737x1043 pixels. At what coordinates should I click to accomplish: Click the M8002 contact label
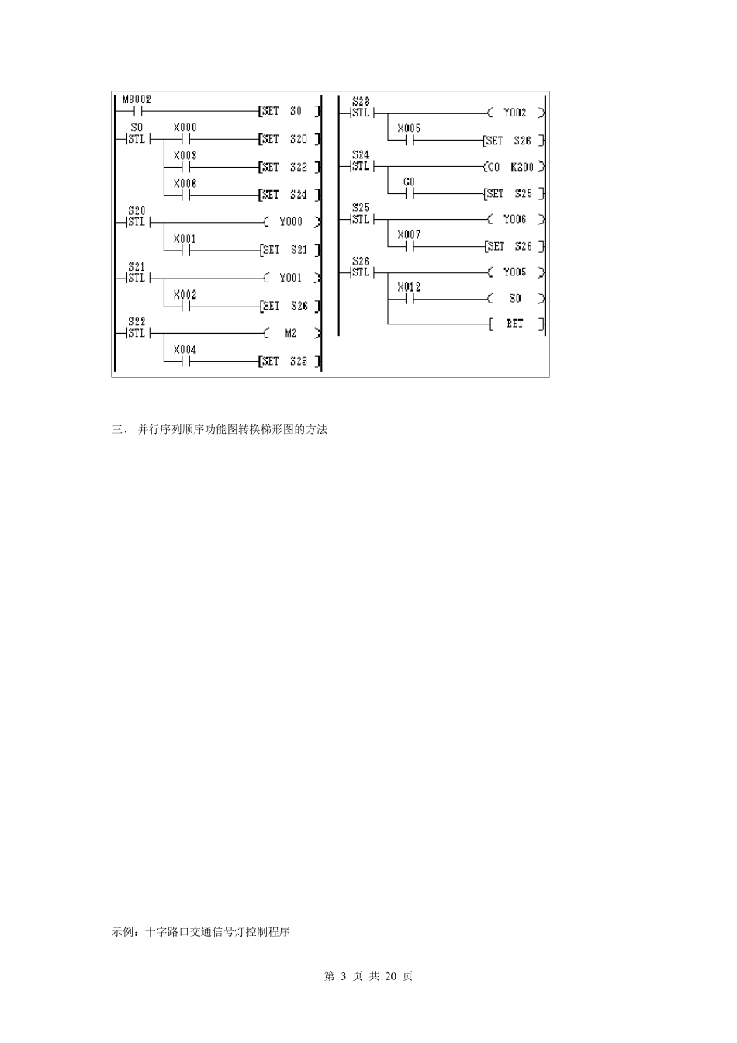pyautogui.click(x=137, y=100)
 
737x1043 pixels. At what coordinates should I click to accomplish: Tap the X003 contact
pyautogui.click(x=185, y=167)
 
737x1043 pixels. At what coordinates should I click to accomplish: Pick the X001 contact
pyautogui.click(x=185, y=250)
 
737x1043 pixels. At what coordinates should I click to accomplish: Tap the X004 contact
pyautogui.click(x=185, y=361)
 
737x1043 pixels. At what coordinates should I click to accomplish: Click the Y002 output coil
pyautogui.click(x=515, y=113)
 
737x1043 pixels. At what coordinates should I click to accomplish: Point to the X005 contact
pyautogui.click(x=409, y=140)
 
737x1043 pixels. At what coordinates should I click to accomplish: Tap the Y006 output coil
pyautogui.click(x=515, y=220)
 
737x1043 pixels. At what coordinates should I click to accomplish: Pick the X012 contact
pyautogui.click(x=409, y=298)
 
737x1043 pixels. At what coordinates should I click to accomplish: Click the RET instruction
pyautogui.click(x=515, y=324)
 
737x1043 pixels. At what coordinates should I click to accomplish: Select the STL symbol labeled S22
pyautogui.click(x=136, y=333)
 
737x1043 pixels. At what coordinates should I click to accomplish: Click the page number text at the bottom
pyautogui.click(x=368, y=976)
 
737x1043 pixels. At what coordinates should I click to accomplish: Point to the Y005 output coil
pyautogui.click(x=515, y=272)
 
